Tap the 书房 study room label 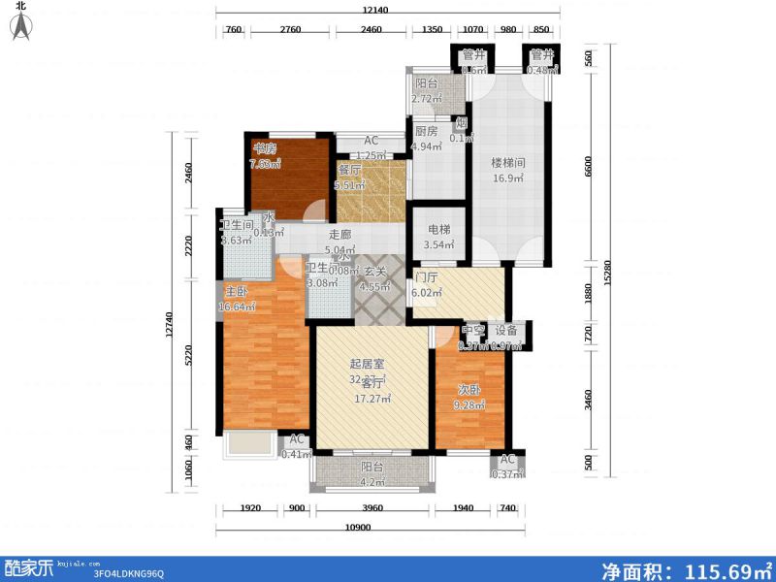(265, 149)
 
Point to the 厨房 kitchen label (427, 132)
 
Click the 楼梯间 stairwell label (508, 163)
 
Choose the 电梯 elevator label (437, 231)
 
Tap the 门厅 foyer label (427, 276)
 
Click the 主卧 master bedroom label (236, 291)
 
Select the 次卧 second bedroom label (469, 389)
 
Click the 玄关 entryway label (374, 272)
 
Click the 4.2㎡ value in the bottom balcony (372, 481)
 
